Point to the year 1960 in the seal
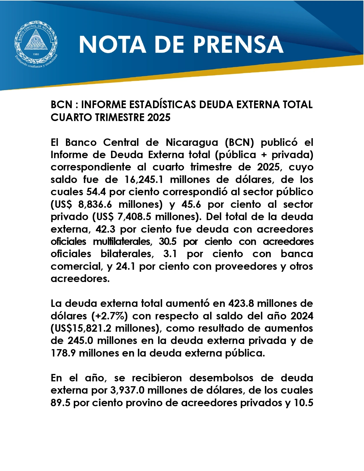[x=36, y=54]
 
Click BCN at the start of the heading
[x=61, y=105]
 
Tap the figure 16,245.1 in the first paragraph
[x=144, y=180]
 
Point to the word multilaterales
[x=122, y=241]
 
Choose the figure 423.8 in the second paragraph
[x=241, y=303]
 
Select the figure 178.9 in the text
[x=63, y=353]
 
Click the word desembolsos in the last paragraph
[x=221, y=378]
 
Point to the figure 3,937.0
[x=127, y=390]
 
